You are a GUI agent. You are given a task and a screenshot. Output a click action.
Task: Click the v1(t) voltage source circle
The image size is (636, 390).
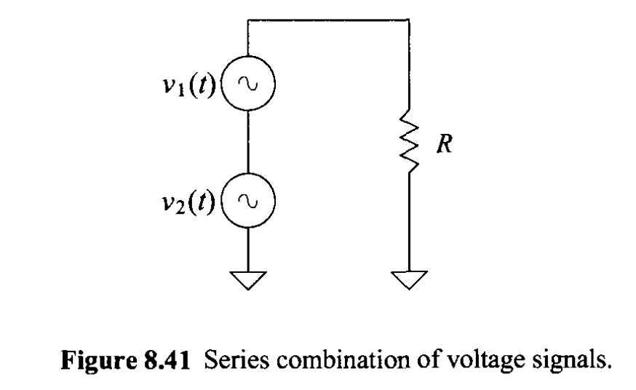(248, 85)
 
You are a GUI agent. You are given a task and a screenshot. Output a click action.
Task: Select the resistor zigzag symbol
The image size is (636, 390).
(410, 145)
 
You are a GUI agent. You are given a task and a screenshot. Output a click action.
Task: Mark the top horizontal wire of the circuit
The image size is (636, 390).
(329, 20)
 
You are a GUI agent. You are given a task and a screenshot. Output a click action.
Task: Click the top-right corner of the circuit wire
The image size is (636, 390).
(410, 20)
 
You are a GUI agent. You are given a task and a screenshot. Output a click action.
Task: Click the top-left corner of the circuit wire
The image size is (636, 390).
(248, 20)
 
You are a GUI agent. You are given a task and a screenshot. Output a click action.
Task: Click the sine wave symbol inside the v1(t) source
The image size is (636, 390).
(248, 85)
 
